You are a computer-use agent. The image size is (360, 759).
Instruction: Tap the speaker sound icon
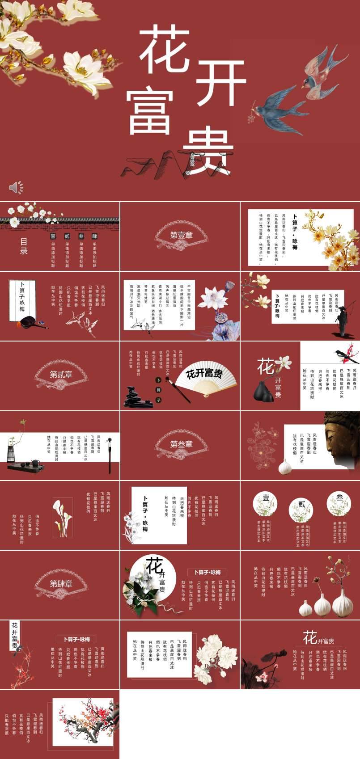[x=16, y=187]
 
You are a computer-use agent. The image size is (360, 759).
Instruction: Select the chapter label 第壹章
[x=181, y=235]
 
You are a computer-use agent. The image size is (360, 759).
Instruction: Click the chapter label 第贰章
[x=61, y=375]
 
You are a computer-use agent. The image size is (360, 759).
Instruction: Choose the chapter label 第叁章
[x=181, y=444]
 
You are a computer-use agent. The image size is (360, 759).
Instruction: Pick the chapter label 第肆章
[x=61, y=583]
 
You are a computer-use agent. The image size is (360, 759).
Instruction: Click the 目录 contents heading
[x=24, y=246]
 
